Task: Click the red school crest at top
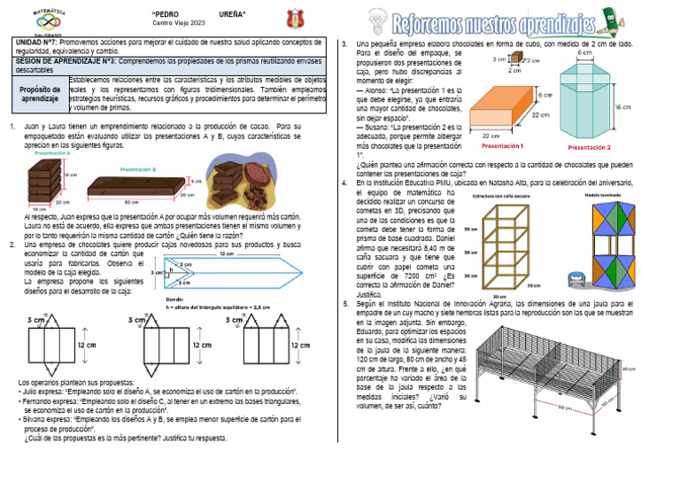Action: coord(294,18)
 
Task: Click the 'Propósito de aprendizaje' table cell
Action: coord(35,94)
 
